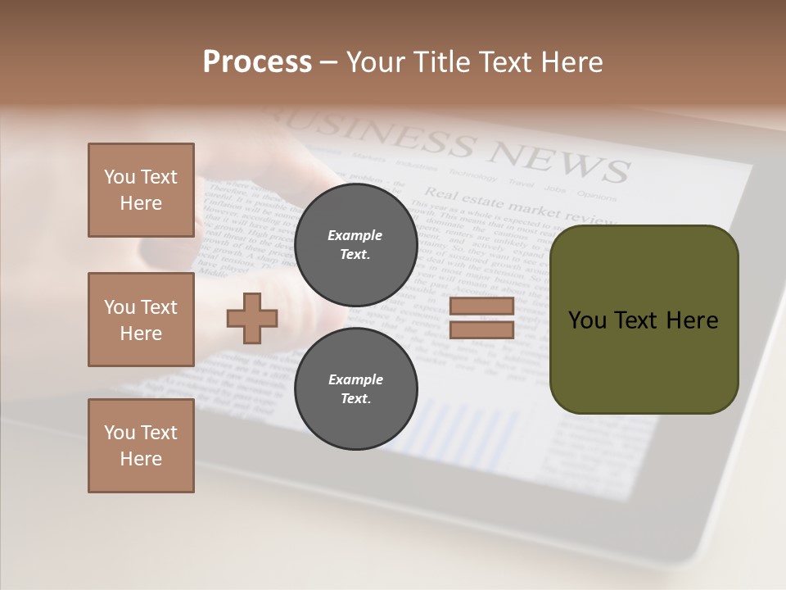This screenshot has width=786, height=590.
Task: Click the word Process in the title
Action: click(257, 62)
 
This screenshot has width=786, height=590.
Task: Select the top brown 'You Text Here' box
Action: click(141, 190)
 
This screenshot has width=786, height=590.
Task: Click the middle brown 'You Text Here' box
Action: click(141, 320)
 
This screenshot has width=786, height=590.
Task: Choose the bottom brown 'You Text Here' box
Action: click(141, 446)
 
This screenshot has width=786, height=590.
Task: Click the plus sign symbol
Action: click(252, 318)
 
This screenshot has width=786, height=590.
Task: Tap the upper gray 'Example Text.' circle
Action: click(355, 245)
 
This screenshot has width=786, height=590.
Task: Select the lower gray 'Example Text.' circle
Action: click(355, 389)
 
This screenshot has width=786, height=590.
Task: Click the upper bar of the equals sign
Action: click(481, 306)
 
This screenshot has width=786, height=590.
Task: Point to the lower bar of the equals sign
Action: click(481, 330)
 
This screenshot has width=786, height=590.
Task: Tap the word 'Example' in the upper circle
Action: click(355, 235)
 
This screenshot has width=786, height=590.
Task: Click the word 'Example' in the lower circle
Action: click(355, 379)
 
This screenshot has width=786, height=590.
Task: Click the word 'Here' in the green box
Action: click(692, 320)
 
